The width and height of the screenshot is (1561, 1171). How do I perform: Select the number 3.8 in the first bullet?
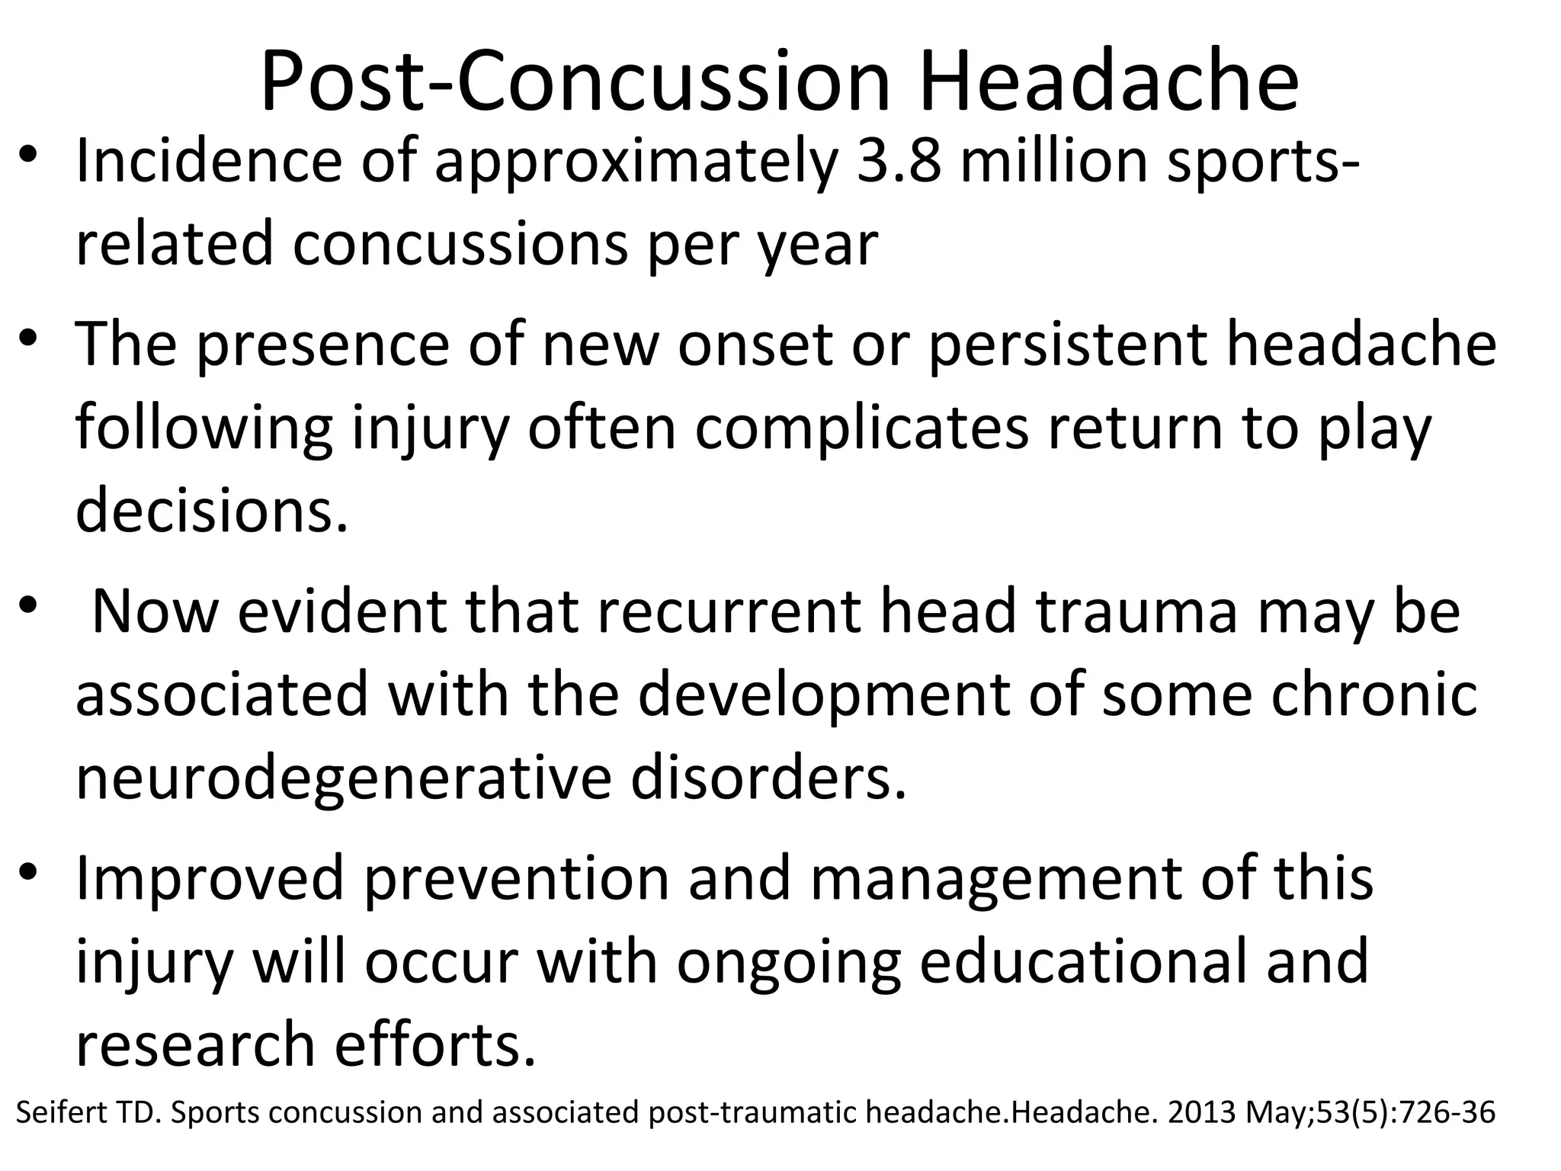pyautogui.click(x=899, y=162)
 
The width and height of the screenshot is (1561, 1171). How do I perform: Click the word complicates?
pyautogui.click(x=863, y=428)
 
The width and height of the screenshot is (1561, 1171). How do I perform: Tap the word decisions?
pyautogui.click(x=212, y=511)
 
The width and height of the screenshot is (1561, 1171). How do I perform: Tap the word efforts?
pyautogui.click(x=436, y=1044)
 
